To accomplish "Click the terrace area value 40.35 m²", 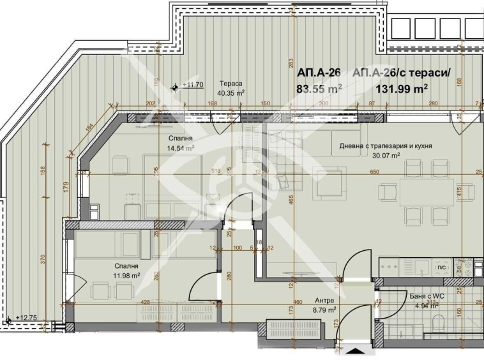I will tap(231, 93).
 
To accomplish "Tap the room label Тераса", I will tap(231, 84).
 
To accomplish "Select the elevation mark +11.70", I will tap(192, 84).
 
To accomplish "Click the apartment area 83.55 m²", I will tap(319, 89).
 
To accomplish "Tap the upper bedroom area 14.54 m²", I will tap(180, 147).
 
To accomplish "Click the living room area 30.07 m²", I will tap(386, 154).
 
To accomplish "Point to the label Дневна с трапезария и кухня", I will tap(386, 146).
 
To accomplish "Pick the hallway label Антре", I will tap(324, 301).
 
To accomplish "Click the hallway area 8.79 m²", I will tap(324, 310).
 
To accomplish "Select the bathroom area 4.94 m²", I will tap(425, 306).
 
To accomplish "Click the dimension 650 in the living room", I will tap(374, 171).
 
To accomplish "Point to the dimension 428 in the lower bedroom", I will tap(146, 302).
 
